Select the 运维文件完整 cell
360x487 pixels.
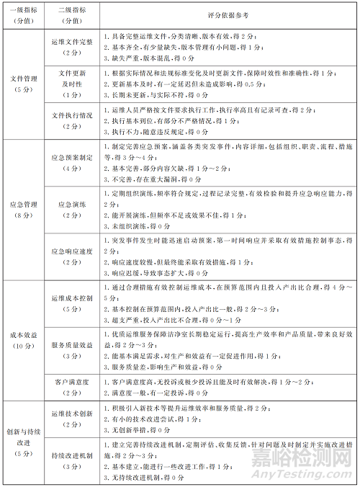tap(71, 46)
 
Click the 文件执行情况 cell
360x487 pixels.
tap(71, 120)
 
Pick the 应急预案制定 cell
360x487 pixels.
tap(71, 162)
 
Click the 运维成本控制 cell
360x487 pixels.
tap(71, 301)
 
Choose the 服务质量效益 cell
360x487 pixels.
tap(71, 350)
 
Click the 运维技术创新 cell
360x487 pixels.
tap(71, 419)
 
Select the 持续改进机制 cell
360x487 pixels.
tap(71, 461)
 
